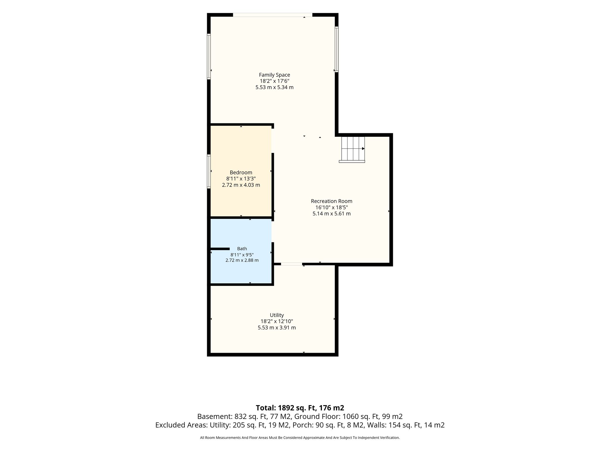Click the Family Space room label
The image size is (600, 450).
[x=275, y=75]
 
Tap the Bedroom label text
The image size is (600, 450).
[x=241, y=173]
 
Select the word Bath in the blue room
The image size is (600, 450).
[x=242, y=249]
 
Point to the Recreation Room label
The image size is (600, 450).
[x=332, y=201]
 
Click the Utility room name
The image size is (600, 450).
[x=277, y=315]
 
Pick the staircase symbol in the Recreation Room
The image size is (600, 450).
[x=352, y=149]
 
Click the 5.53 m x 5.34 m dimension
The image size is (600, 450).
[x=275, y=87]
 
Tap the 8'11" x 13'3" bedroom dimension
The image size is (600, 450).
[x=241, y=179]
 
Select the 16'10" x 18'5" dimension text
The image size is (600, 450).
[x=332, y=207]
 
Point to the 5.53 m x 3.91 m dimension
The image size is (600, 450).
[x=277, y=328]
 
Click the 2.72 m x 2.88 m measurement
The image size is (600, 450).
[x=242, y=260]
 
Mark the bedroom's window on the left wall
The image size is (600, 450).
[x=209, y=171]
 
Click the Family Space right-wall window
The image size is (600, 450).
[x=337, y=49]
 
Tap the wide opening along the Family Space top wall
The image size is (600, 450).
[x=272, y=15]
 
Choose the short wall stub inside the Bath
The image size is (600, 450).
[x=220, y=249]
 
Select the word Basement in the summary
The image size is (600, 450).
[x=215, y=417]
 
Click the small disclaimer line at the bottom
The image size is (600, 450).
[x=300, y=438]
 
